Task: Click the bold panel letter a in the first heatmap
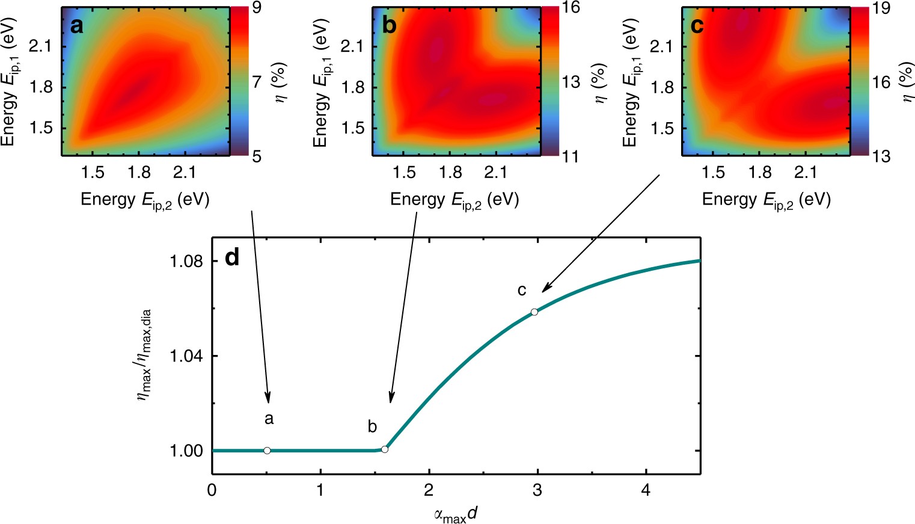click(76, 26)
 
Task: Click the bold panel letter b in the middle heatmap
click(389, 26)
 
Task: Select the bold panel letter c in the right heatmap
click(697, 26)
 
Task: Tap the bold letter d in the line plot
click(231, 257)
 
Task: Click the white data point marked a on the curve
click(267, 451)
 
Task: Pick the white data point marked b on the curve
click(385, 449)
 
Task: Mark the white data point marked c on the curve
click(534, 312)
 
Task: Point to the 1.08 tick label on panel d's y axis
click(186, 262)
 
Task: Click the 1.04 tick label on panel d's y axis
click(186, 356)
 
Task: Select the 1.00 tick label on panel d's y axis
click(186, 451)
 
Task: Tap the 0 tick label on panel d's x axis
click(212, 490)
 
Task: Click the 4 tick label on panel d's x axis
click(646, 490)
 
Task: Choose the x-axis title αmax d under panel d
click(456, 515)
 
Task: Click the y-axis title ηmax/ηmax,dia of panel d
click(145, 356)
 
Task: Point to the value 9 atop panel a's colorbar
click(257, 8)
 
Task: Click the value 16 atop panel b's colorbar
click(571, 8)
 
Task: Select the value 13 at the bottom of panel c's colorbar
click(881, 156)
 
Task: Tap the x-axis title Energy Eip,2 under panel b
click(454, 200)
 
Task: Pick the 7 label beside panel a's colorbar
click(257, 81)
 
